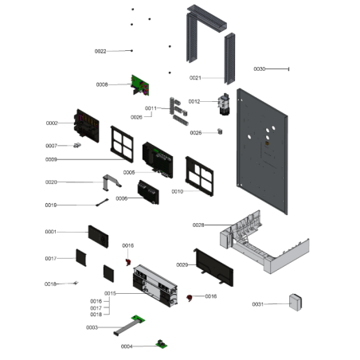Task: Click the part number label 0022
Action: tap(100, 51)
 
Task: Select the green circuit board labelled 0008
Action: tap(141, 83)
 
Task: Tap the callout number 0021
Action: tap(195, 77)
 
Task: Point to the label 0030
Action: tap(260, 69)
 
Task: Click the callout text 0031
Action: tap(257, 304)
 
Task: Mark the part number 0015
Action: tap(110, 294)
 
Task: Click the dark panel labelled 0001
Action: tap(102, 236)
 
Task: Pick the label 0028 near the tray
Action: tap(198, 225)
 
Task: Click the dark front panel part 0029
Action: tap(213, 267)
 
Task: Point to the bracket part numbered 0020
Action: tap(112, 182)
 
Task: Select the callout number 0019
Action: tap(51, 205)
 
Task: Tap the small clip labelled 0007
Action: tap(77, 146)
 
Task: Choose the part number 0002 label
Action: tap(52, 123)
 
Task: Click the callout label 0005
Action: tap(129, 172)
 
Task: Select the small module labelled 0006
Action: tap(147, 191)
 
